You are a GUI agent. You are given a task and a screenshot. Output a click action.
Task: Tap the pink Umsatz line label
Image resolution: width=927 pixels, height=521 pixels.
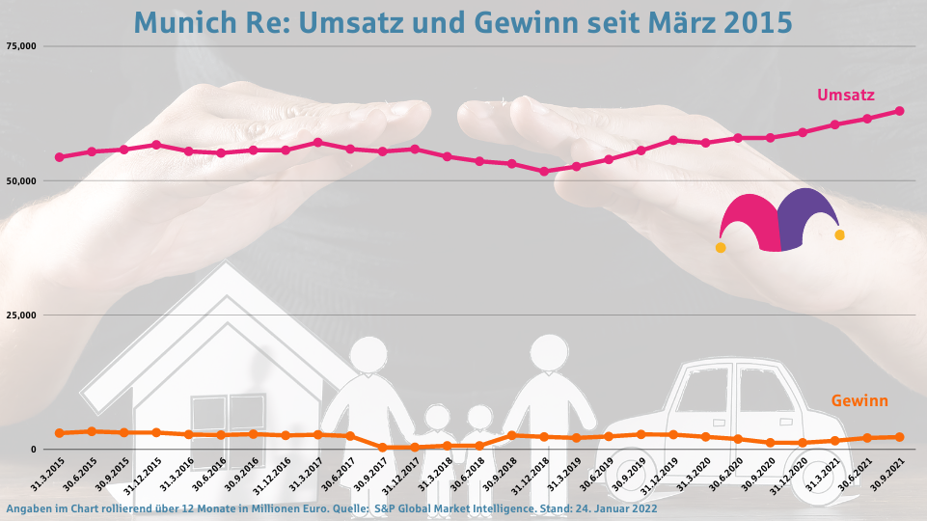pos(846,95)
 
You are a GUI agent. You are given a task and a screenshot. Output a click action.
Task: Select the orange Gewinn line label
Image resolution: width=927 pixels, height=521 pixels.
pos(859,400)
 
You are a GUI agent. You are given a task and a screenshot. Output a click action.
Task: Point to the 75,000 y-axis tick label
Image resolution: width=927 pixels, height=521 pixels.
pos(20,46)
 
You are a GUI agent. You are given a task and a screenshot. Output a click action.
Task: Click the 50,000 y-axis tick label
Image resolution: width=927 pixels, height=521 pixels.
pos(20,180)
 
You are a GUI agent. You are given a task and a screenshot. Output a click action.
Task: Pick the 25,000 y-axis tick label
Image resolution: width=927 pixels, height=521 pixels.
pos(20,315)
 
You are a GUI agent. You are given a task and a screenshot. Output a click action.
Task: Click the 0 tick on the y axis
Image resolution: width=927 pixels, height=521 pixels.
pos(33,450)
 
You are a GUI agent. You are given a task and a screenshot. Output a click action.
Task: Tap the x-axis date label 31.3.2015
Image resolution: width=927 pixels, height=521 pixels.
pos(46,475)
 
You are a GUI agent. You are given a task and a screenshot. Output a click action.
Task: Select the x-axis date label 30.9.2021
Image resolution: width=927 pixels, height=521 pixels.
pos(887,475)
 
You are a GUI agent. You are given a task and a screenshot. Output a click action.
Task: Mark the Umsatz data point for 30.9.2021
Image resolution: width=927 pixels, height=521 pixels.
pos(900,111)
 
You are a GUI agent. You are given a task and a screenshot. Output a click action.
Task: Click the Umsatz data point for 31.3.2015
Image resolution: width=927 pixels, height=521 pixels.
pos(59,157)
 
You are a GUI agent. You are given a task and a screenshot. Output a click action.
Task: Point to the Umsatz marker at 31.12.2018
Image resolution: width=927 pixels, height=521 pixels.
pos(544,172)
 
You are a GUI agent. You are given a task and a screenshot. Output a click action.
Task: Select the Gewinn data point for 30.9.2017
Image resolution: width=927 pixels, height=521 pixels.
pos(383,448)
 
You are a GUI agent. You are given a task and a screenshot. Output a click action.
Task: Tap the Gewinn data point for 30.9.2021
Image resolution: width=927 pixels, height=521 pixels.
pos(900,437)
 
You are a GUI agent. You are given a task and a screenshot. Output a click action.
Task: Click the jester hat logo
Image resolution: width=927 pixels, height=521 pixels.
pos(779,221)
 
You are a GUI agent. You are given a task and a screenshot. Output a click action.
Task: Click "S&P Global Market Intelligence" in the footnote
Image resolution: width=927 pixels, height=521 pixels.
pos(450,508)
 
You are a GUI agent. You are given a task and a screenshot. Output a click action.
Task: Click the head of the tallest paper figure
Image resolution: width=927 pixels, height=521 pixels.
pos(549,353)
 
